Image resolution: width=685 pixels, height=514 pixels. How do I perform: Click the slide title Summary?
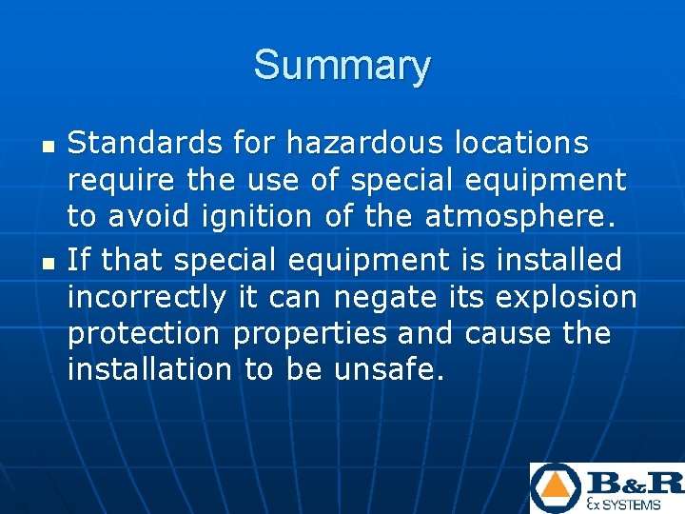342,66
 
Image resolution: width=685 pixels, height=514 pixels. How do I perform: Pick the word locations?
520,144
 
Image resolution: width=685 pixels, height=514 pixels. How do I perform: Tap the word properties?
310,332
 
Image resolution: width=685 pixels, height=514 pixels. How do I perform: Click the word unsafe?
389,368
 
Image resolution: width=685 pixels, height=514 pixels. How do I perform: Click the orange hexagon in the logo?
557,488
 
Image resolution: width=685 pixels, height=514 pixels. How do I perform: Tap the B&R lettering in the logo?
636,482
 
